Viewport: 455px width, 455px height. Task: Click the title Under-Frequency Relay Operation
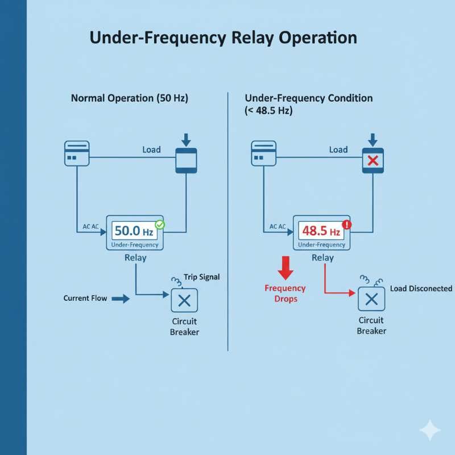pyautogui.click(x=223, y=38)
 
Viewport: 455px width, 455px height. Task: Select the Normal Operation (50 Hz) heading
pyautogui.click(x=129, y=98)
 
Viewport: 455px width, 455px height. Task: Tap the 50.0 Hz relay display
pyautogui.click(x=135, y=231)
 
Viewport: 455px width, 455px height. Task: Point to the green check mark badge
pyautogui.click(x=160, y=225)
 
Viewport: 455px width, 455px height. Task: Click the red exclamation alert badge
pyautogui.click(x=347, y=225)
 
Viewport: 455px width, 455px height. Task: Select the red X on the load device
pyautogui.click(x=373, y=160)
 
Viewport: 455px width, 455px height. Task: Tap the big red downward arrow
pyautogui.click(x=286, y=268)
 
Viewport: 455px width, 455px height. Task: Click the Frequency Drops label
pyautogui.click(x=286, y=293)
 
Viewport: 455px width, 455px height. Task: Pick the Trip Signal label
pyautogui.click(x=201, y=277)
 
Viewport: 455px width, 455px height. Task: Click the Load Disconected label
pyautogui.click(x=421, y=288)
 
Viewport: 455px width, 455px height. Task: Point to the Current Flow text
pyautogui.click(x=85, y=298)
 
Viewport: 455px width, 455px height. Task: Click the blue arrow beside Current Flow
pyautogui.click(x=121, y=298)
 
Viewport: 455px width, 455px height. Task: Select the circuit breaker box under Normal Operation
pyautogui.click(x=184, y=300)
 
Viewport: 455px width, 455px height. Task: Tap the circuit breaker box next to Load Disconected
pyautogui.click(x=371, y=299)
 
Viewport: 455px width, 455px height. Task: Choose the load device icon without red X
pyautogui.click(x=186, y=160)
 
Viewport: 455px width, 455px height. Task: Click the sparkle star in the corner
pyautogui.click(x=430, y=431)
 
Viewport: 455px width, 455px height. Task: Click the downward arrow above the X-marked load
pyautogui.click(x=373, y=139)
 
